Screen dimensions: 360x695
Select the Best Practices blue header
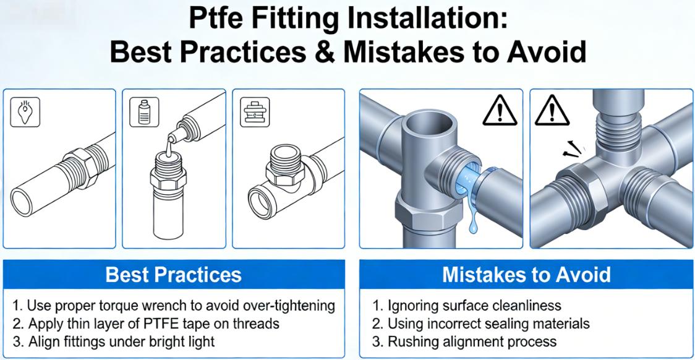point(173,274)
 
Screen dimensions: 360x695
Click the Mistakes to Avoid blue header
point(526,274)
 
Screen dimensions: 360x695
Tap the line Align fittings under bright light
point(114,341)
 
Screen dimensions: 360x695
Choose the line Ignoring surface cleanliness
point(467,306)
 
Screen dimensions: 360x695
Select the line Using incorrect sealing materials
point(481,324)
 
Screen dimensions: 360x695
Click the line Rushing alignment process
point(464,341)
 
